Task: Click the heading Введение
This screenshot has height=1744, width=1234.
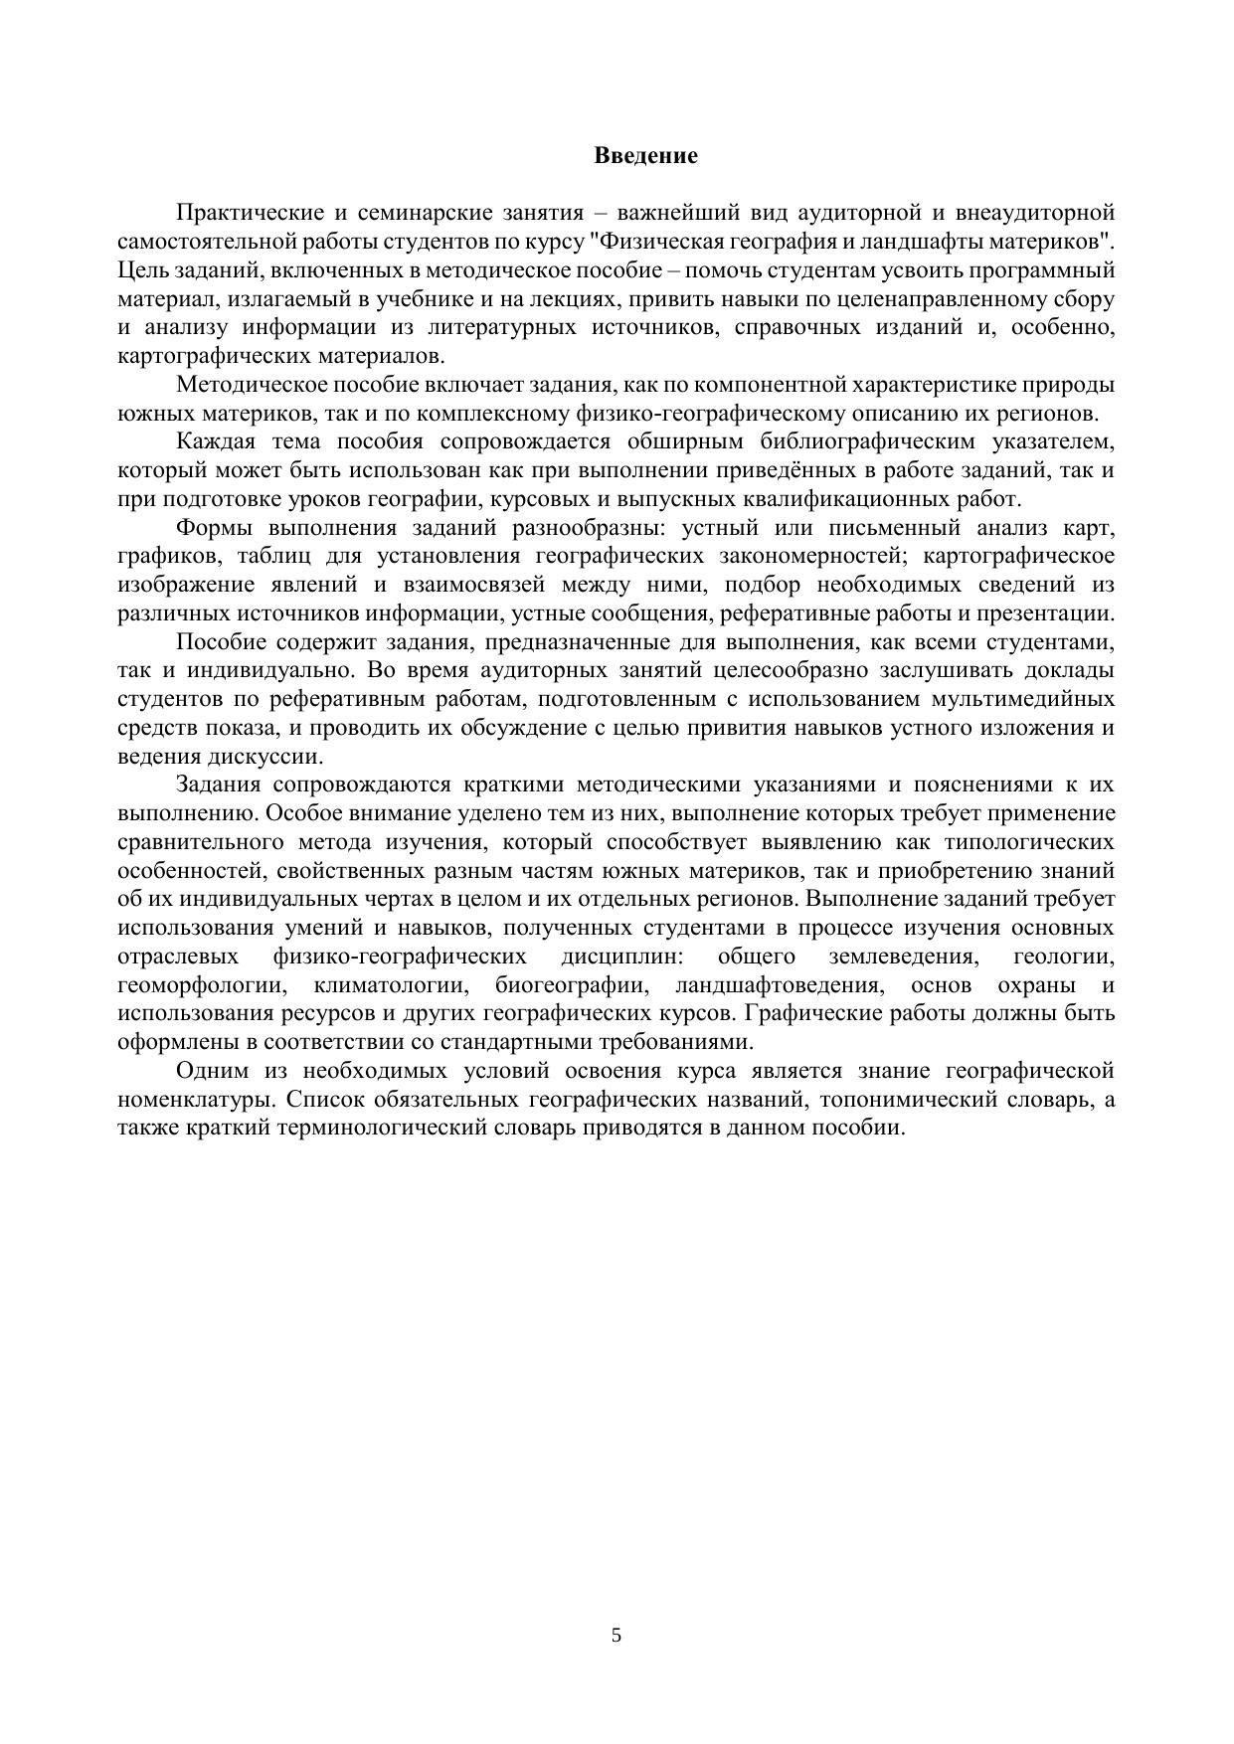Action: (x=645, y=156)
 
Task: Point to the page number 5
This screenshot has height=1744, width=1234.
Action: (x=617, y=1635)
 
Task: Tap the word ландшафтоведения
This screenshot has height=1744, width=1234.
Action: (x=779, y=985)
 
